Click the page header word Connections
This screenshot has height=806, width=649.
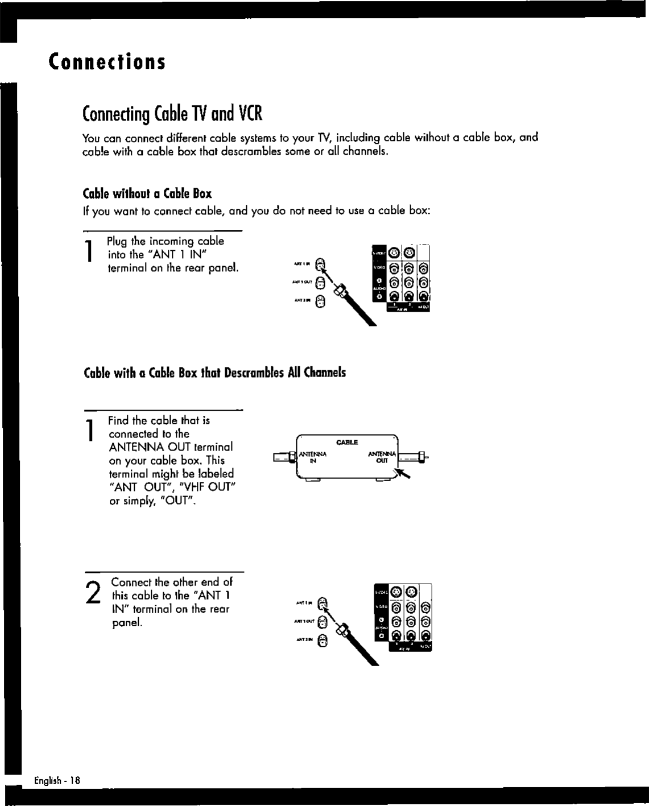[107, 61]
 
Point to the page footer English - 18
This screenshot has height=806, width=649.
[57, 781]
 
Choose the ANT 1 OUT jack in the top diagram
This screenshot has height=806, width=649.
[321, 282]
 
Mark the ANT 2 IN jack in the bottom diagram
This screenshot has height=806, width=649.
[323, 641]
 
